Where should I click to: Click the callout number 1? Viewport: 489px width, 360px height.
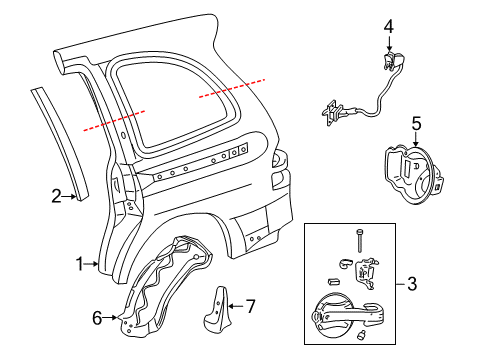(x=80, y=264)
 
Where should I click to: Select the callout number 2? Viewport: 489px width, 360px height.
(x=56, y=196)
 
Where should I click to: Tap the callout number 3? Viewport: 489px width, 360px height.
(x=412, y=284)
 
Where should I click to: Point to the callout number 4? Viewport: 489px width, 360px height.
(x=389, y=27)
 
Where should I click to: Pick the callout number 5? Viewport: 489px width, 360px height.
(x=416, y=124)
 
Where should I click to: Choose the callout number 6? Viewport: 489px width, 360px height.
(x=97, y=318)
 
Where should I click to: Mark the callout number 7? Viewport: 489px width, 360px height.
(x=250, y=306)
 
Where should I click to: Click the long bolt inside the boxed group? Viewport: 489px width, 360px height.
(x=359, y=240)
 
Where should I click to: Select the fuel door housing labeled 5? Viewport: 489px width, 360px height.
(x=413, y=173)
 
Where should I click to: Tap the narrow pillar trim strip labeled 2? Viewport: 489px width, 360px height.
(x=60, y=143)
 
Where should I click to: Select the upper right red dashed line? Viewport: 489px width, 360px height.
(x=232, y=88)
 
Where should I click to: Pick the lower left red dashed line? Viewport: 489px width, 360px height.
(x=114, y=121)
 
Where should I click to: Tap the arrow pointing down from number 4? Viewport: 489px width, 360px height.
(x=389, y=43)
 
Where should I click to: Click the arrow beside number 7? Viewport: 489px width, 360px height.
(x=236, y=306)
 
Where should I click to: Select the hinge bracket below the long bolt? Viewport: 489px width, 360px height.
(x=366, y=273)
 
